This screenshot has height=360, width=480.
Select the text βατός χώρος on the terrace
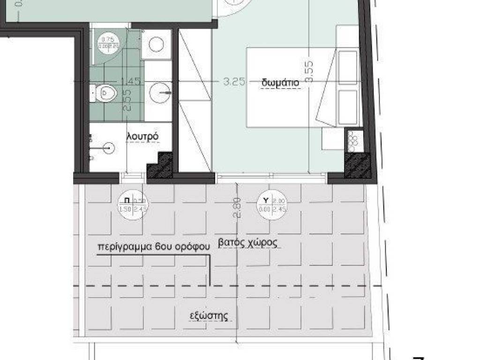(248, 243)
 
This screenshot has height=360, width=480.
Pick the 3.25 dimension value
(234, 81)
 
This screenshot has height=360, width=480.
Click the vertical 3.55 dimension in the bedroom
(308, 71)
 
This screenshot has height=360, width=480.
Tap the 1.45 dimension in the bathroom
(131, 81)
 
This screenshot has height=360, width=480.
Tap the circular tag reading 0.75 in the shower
(108, 43)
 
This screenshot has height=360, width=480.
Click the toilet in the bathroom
(102, 93)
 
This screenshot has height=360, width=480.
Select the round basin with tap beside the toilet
(159, 92)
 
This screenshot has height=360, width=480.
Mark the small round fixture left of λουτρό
(108, 148)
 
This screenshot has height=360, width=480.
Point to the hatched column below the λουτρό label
(159, 167)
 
